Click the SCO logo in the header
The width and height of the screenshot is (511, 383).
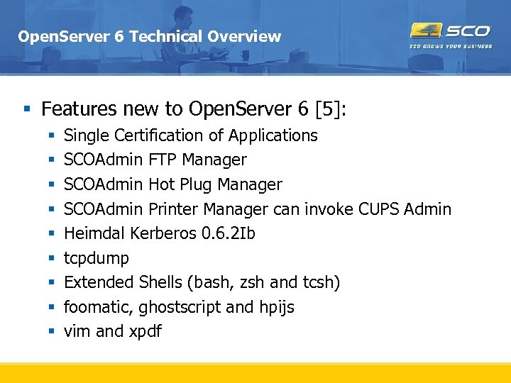coord(450,30)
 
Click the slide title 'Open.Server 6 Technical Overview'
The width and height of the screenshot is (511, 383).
coord(149,36)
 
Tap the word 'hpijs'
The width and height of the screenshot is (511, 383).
coord(276,307)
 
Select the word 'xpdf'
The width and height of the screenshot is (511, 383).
coord(145,331)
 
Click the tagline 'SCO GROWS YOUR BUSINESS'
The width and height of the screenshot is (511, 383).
coord(450,47)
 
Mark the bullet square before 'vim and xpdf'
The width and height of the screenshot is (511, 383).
coord(53,332)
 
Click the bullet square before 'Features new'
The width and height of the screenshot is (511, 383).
coord(27,109)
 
